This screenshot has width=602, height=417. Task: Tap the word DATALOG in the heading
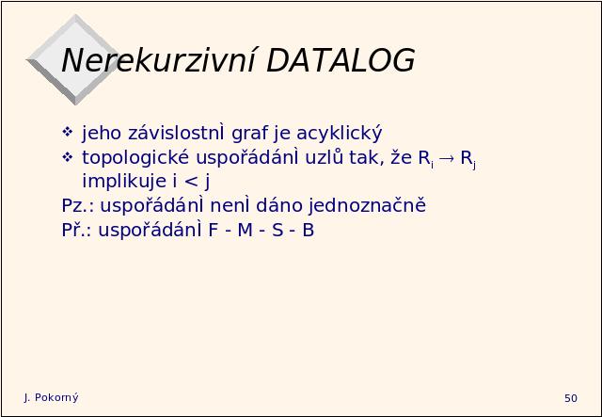(341, 60)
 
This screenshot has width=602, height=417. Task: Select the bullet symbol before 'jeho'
(67, 132)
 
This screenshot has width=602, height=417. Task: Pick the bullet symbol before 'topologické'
(67, 157)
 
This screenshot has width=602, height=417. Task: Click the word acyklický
(340, 134)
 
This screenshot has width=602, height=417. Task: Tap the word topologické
(135, 158)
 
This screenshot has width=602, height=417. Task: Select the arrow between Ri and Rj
(447, 158)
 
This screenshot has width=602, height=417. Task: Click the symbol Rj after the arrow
(468, 159)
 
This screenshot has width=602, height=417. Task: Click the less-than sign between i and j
(191, 182)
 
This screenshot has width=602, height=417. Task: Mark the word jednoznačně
(368, 206)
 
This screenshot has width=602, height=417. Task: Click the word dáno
(279, 205)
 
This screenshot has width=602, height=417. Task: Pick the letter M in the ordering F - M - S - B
(245, 231)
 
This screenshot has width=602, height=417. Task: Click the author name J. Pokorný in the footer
(51, 398)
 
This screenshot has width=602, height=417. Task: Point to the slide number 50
(571, 398)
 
